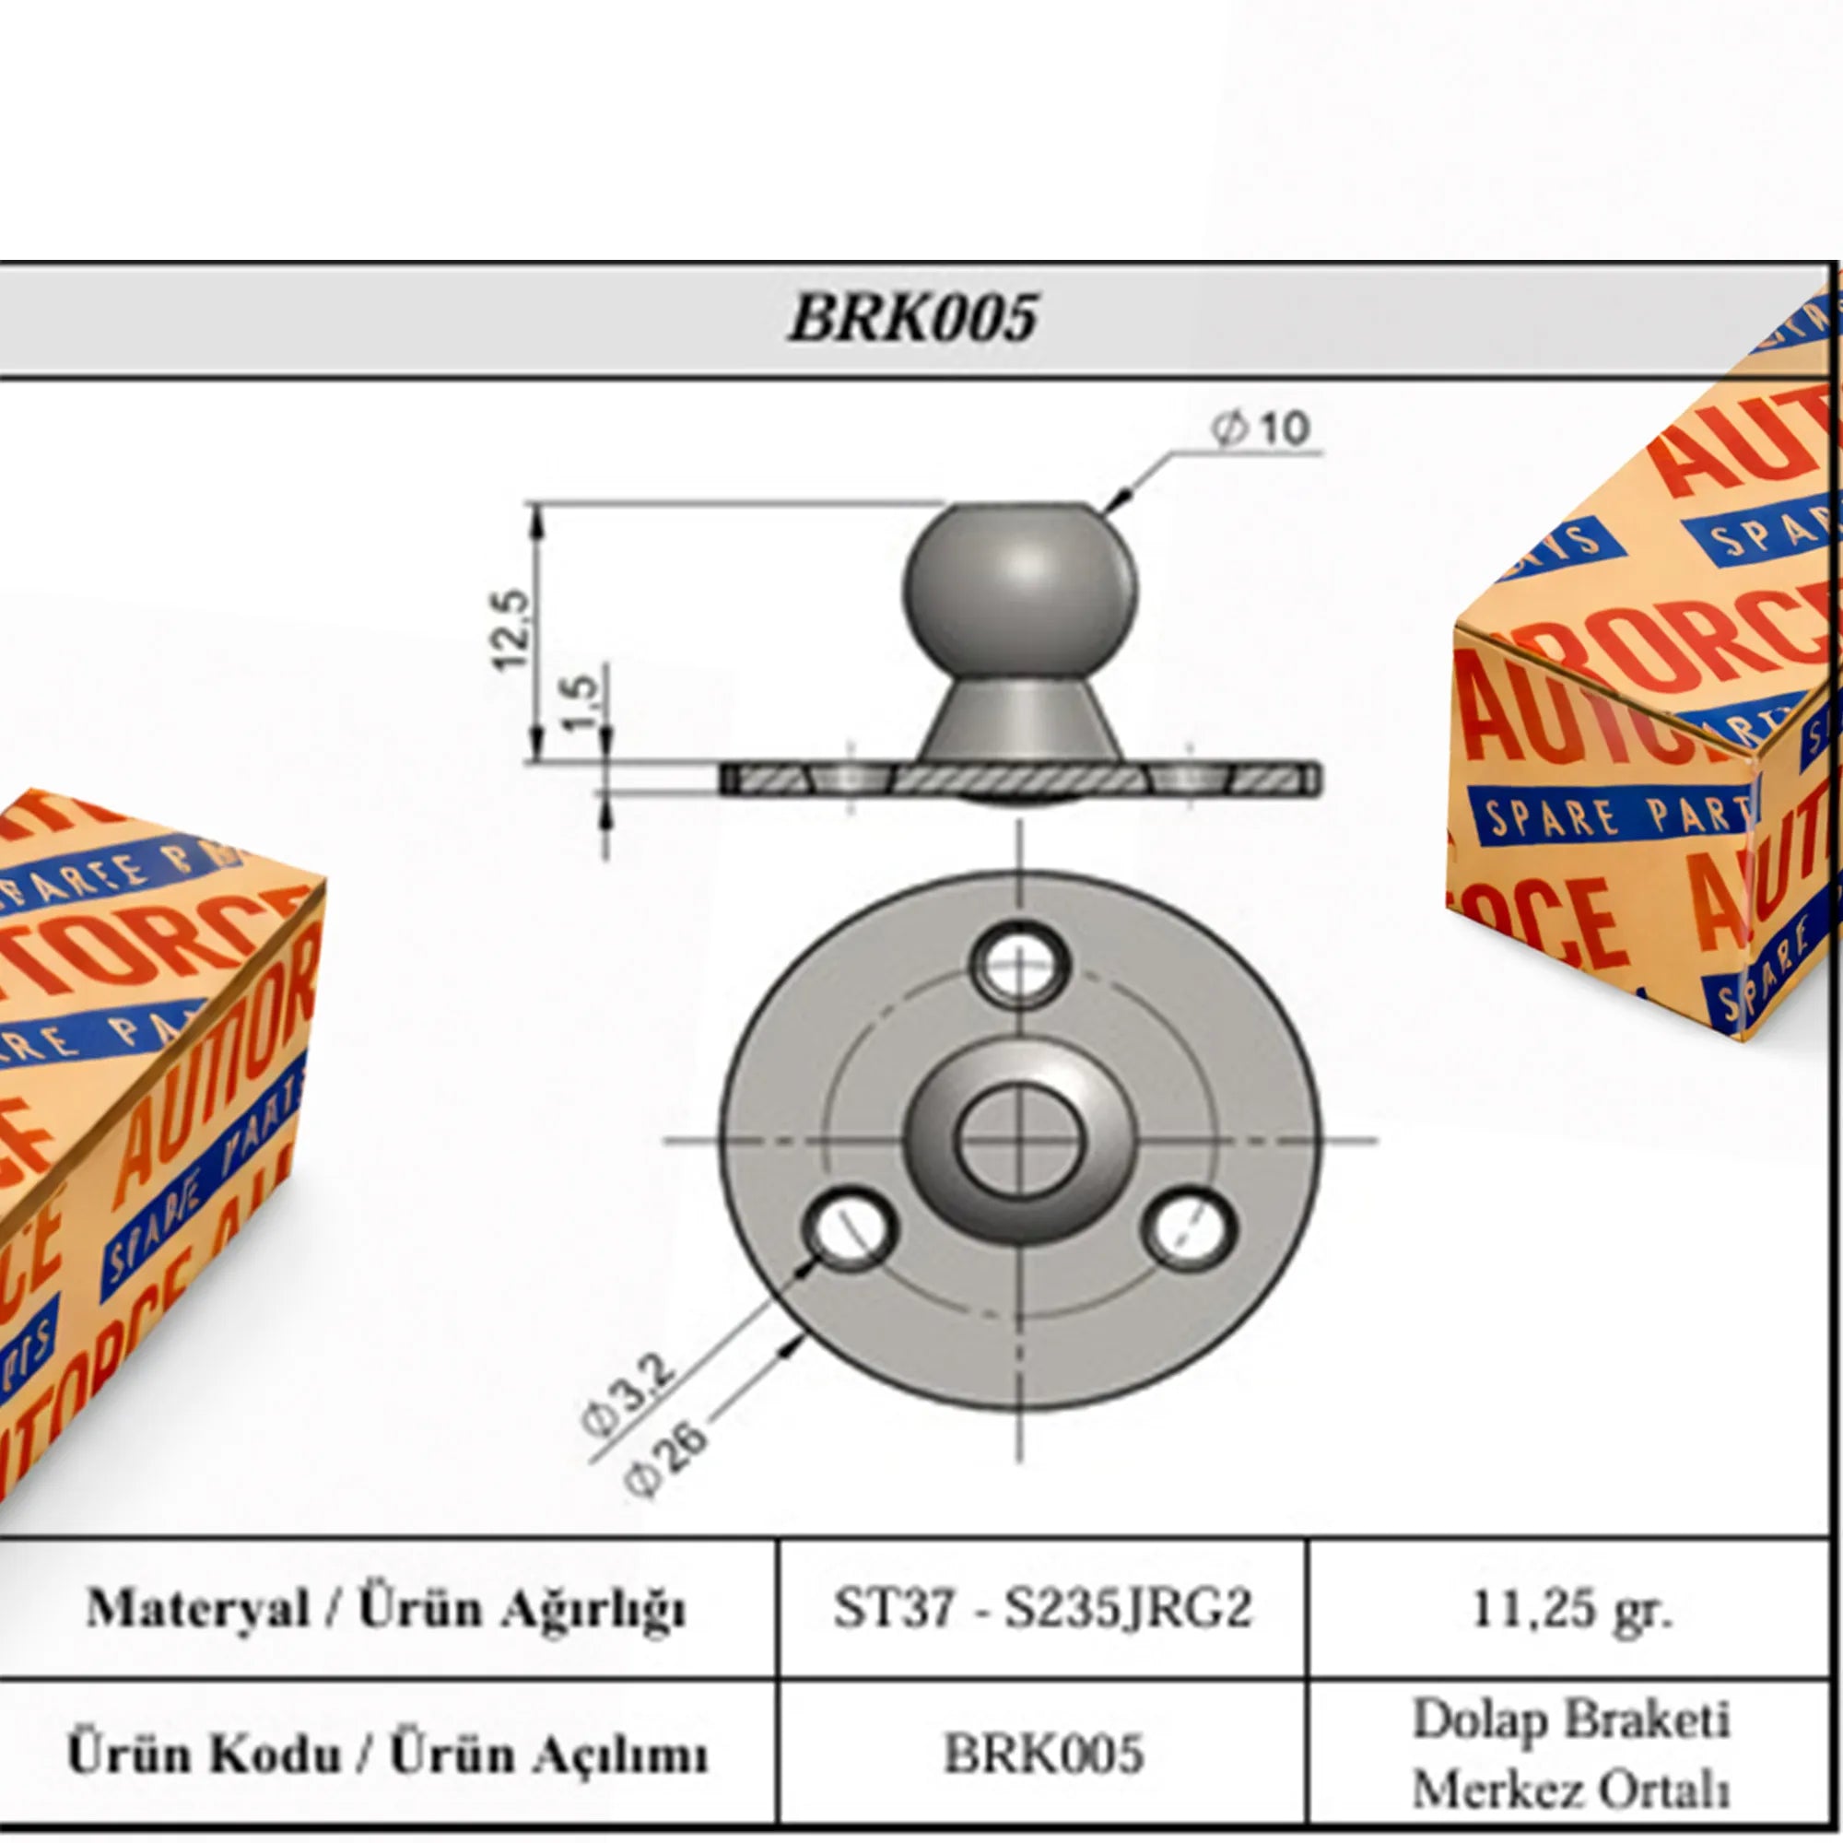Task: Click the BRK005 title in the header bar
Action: [x=913, y=317]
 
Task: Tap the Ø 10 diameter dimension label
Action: [x=1262, y=428]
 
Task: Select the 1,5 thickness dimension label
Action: [x=581, y=702]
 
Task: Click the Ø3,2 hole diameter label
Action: [x=629, y=1393]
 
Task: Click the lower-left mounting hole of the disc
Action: [x=850, y=1227]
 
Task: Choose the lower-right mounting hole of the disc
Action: [x=1189, y=1227]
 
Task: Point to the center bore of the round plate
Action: [x=1019, y=1139]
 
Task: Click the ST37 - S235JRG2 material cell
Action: [x=1041, y=1607]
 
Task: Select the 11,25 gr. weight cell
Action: [x=1570, y=1607]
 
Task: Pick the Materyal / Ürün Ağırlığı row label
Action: [x=386, y=1607]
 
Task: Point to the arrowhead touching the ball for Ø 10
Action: [x=1121, y=497]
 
